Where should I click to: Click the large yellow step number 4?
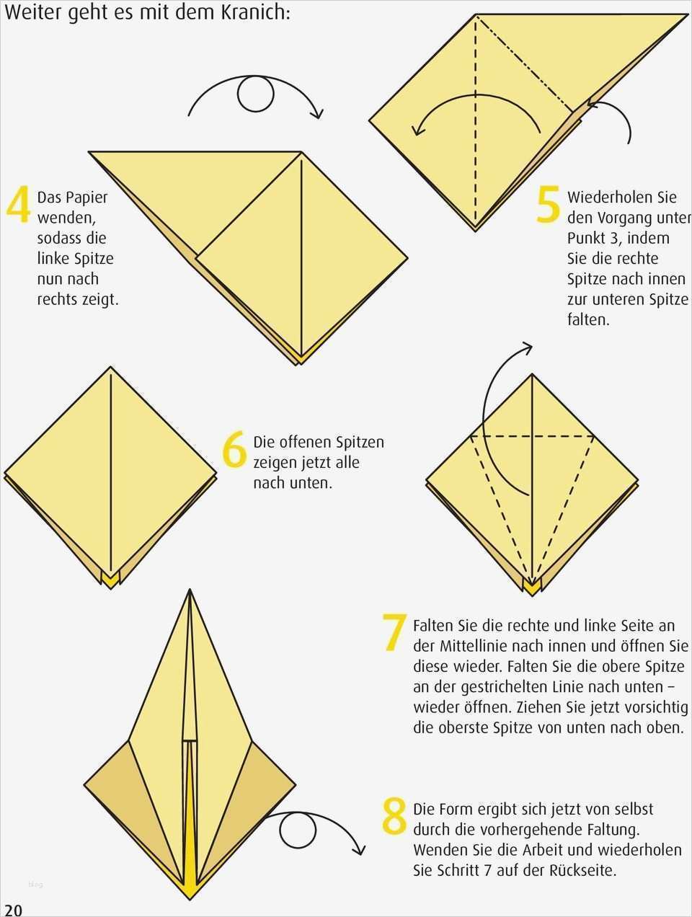coord(19,205)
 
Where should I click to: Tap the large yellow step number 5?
coord(549,205)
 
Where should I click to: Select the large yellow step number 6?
coord(234,450)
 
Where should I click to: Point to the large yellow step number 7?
coord(394,632)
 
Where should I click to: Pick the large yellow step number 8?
coord(394,815)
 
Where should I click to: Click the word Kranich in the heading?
coord(255,12)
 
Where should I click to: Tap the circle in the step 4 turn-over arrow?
coord(256,94)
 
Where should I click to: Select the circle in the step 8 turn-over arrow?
coord(298,830)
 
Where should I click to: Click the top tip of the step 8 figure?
coord(190,590)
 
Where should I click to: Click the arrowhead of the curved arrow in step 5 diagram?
coord(417,130)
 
